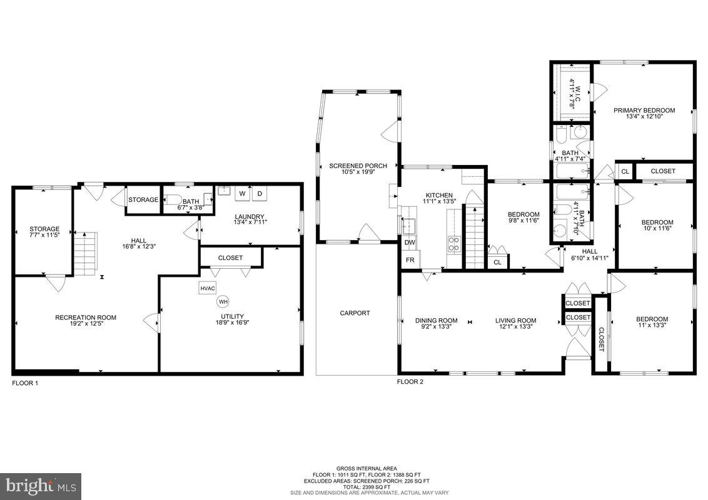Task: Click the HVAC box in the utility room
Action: coord(208,288)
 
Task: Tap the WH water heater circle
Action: coord(223,302)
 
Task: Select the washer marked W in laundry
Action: coord(242,194)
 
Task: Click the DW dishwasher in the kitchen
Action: coord(409,242)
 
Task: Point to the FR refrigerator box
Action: coord(410,260)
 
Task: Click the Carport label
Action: coord(355,313)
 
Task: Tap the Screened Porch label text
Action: coord(358,166)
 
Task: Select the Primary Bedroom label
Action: coord(644,111)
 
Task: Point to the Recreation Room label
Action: coord(86,317)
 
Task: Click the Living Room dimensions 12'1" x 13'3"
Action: coord(516,327)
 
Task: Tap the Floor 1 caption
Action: coord(25,382)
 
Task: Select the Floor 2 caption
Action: coord(410,381)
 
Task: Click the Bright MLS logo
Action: coord(41,484)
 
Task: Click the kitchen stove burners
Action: coord(454,244)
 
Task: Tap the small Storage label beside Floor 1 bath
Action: coord(143,200)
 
